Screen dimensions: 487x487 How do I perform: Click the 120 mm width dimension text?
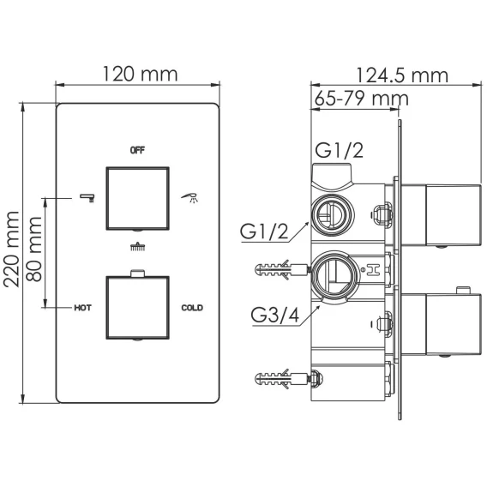pos(140,75)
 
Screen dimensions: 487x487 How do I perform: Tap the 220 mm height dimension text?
pos(12,250)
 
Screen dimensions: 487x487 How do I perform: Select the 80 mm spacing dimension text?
pos(33,250)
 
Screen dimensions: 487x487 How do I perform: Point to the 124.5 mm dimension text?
pos(402,75)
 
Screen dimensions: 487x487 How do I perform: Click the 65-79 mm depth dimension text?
pos(361,99)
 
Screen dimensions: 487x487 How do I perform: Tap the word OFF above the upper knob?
pos(137,150)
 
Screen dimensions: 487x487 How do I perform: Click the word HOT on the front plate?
pos(82,308)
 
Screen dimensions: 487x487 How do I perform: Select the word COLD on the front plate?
pos(192,308)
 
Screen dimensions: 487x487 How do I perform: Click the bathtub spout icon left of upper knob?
pos(87,198)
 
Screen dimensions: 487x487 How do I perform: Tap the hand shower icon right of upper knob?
pos(189,197)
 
